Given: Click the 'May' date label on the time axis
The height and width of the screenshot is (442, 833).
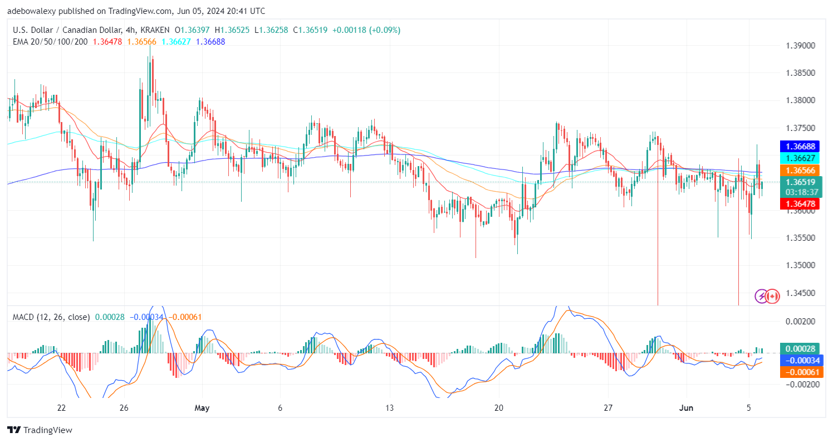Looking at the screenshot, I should point(202,408).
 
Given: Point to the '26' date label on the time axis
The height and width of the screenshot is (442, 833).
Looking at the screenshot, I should point(124,408).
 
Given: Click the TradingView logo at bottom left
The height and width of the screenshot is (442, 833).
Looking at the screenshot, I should point(40,430).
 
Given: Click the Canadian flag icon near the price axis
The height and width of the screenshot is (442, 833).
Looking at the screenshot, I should point(772,296).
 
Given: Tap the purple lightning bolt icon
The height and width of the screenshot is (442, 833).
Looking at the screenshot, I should point(761,296).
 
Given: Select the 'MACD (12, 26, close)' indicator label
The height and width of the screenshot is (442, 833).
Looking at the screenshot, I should point(51,317).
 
